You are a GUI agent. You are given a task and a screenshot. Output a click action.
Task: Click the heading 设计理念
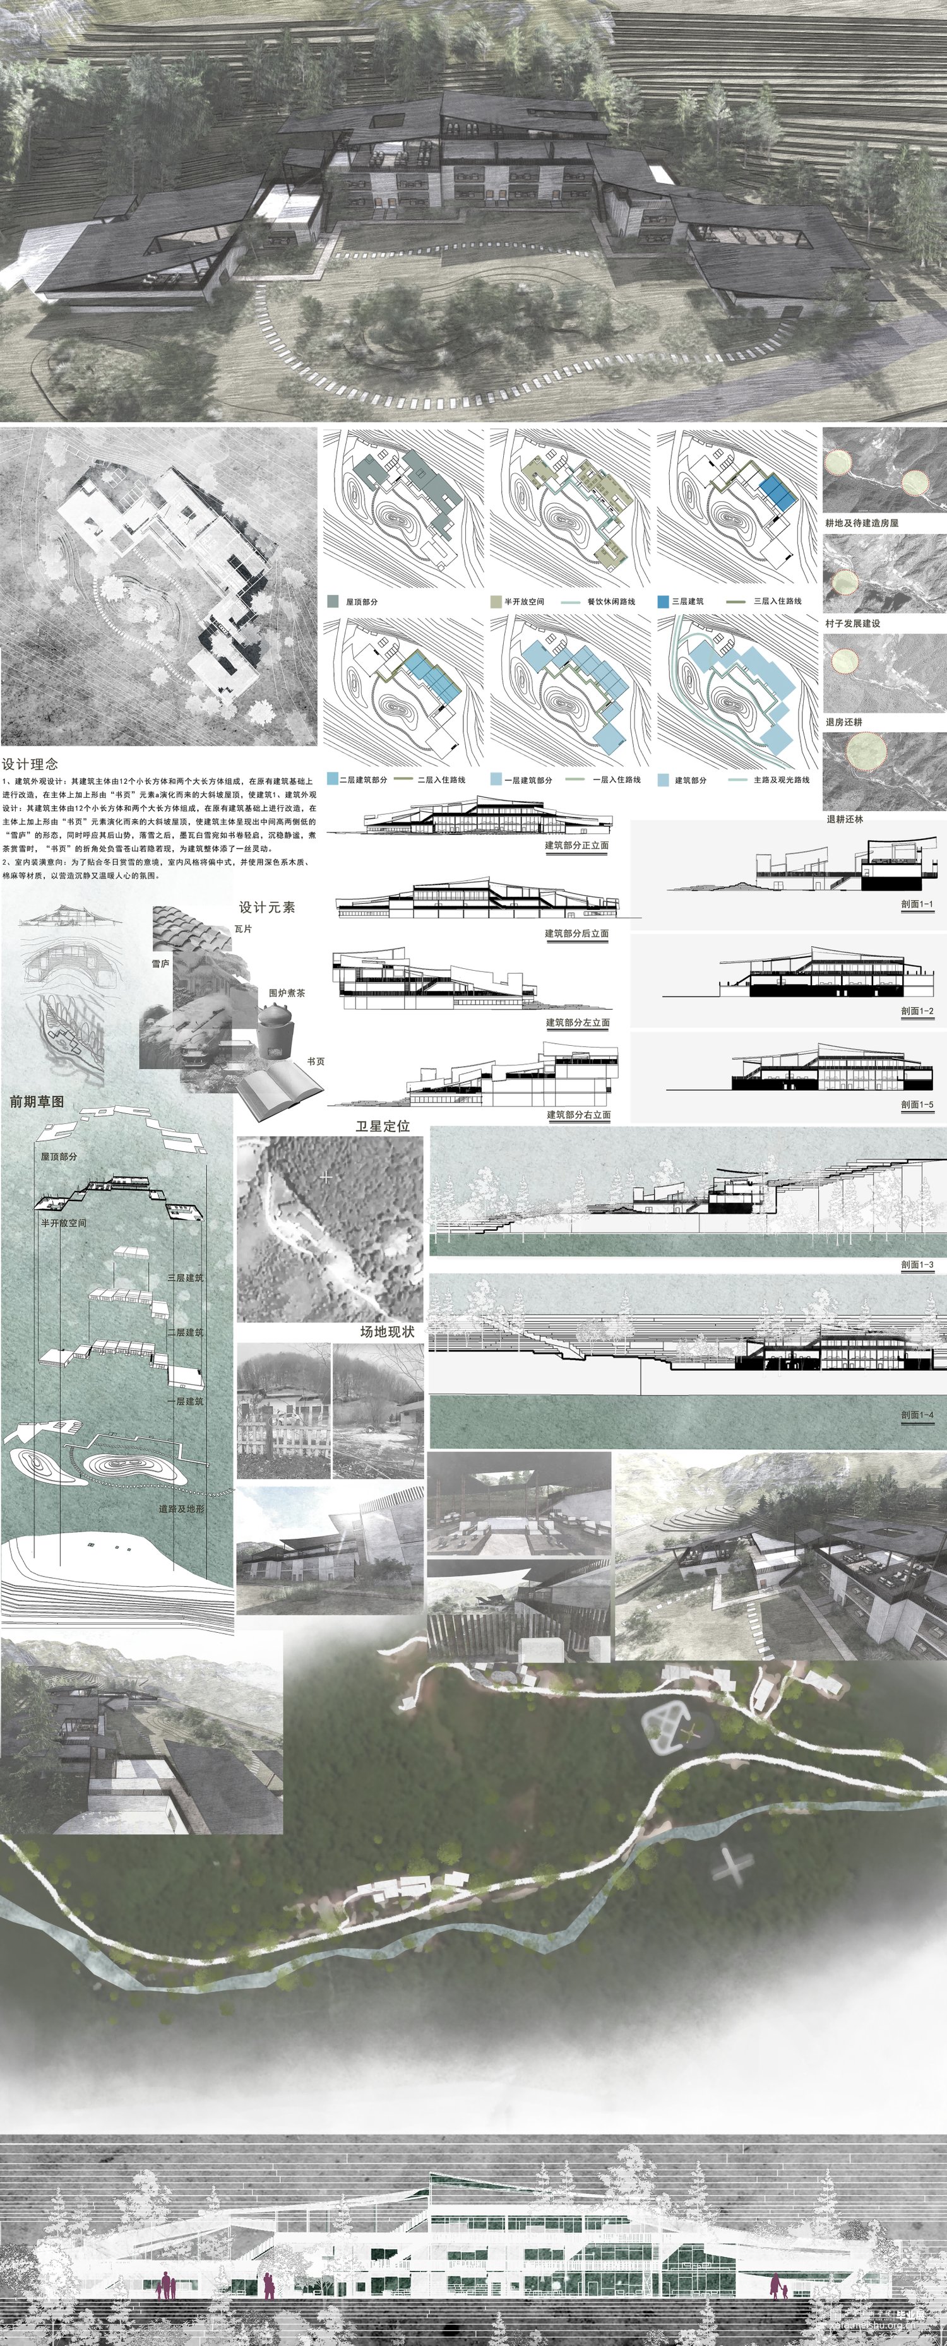[x=30, y=764]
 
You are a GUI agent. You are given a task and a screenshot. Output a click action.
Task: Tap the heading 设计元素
[x=267, y=907]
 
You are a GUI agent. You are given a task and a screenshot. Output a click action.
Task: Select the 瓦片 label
[x=243, y=929]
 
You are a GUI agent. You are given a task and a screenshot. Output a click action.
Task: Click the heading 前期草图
[x=37, y=1102]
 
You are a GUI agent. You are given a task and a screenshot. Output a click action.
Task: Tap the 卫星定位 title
[x=383, y=1127]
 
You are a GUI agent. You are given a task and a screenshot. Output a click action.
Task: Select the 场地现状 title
[x=387, y=1332]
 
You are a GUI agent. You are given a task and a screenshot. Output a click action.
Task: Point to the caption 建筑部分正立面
[x=577, y=845]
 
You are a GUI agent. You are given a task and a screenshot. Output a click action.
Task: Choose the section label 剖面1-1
[x=917, y=904]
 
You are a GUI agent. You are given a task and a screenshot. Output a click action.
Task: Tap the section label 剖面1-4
[x=917, y=1414]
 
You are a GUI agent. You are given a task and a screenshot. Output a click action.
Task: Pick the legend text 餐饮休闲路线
[x=611, y=602]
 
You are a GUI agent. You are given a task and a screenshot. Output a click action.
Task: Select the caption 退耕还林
[x=844, y=819]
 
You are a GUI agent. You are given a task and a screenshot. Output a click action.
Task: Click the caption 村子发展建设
[x=852, y=623]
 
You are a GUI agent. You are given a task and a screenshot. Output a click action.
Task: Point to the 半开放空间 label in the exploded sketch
[x=64, y=1223]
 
